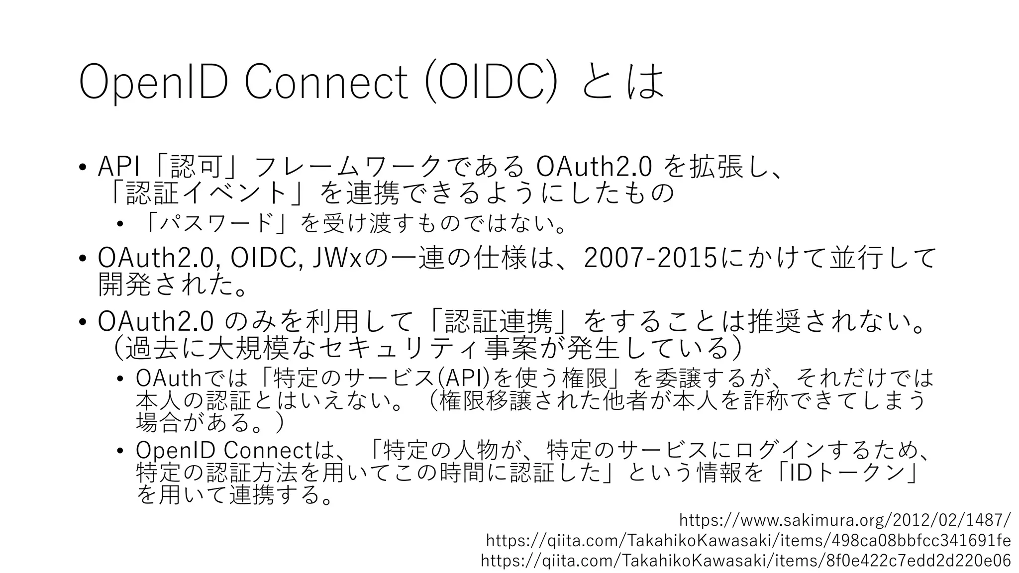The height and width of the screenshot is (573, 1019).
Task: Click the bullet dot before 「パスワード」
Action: point(119,225)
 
